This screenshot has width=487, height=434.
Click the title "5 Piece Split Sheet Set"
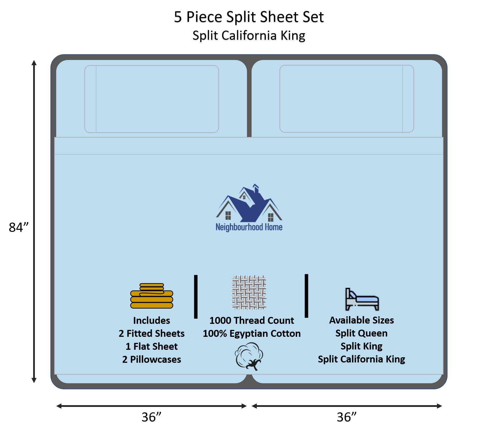click(249, 17)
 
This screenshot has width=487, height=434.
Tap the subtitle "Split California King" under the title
click(249, 36)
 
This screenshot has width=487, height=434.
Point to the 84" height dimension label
click(19, 227)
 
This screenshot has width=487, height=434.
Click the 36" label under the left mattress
click(151, 417)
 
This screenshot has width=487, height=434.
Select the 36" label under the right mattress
click(347, 417)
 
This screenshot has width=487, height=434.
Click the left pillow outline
click(152, 99)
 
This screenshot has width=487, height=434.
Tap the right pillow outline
click(347, 99)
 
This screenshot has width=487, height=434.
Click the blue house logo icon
click(249, 203)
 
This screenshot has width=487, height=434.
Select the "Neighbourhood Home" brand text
click(249, 227)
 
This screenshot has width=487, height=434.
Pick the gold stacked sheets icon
click(152, 296)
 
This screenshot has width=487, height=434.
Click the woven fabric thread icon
click(249, 293)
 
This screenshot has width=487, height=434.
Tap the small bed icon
click(362, 299)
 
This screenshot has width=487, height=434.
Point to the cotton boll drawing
click(249, 356)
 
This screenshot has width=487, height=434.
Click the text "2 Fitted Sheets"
click(152, 333)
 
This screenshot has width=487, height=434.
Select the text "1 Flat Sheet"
click(152, 346)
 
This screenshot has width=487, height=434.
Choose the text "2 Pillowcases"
click(152, 359)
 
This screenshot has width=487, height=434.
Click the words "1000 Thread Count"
click(252, 320)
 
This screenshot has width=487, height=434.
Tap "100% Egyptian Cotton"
click(252, 334)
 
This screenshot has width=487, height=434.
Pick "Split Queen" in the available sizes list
click(361, 333)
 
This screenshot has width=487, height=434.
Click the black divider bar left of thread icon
click(196, 296)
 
